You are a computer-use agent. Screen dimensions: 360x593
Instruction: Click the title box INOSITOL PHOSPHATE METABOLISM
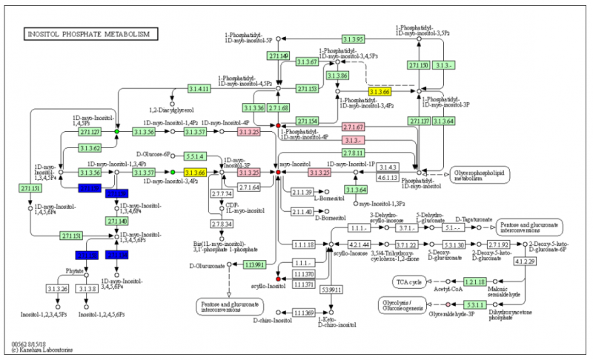90,34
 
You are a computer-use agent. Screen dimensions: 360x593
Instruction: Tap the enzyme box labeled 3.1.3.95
353,39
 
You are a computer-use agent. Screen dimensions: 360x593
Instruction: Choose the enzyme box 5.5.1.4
196,156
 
